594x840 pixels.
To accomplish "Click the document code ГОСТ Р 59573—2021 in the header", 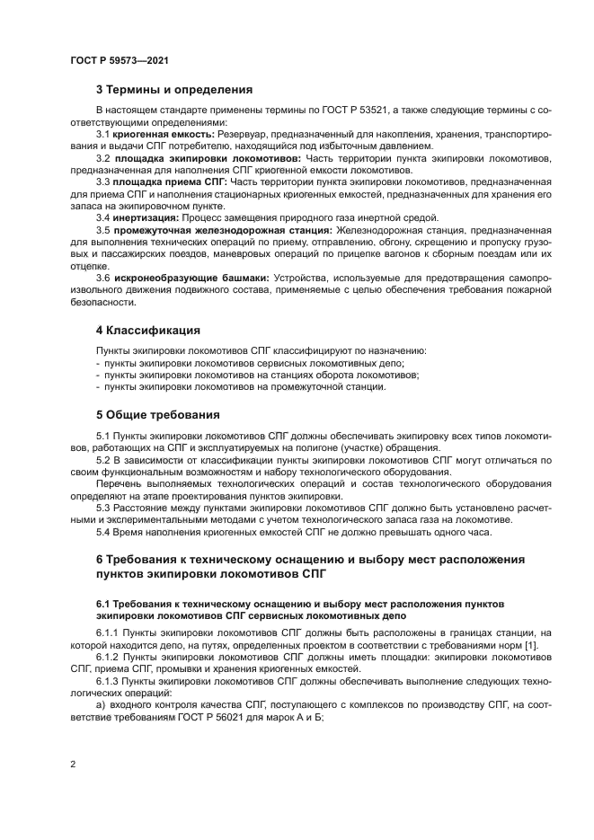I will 120,60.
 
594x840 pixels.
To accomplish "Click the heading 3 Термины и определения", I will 173,90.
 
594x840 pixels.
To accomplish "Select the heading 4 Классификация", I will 148,330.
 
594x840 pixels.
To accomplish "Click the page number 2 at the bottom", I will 73,764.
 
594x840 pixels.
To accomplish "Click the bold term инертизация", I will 146,217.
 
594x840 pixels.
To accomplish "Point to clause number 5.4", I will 103,532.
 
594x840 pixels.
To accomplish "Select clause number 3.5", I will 103,230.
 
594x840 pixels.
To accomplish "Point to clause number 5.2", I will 103,460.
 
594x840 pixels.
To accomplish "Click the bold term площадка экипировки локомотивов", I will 208,158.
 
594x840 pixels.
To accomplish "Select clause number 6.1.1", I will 109,632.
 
